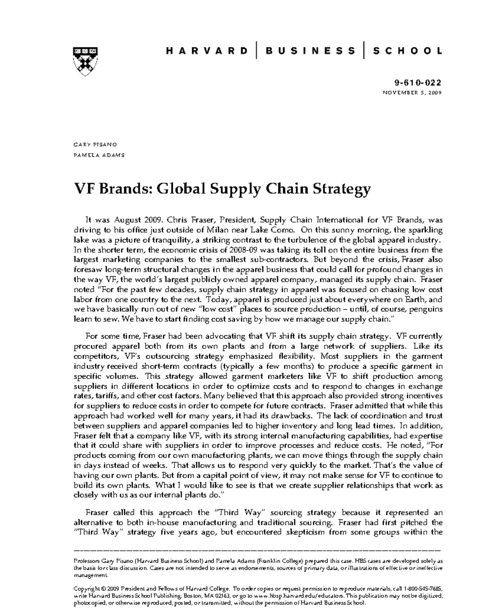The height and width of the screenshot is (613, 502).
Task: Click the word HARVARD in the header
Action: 207,51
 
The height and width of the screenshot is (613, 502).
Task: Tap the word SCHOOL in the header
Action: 407,51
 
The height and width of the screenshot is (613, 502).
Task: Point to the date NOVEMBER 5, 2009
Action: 412,93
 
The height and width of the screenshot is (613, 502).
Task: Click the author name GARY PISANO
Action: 95,145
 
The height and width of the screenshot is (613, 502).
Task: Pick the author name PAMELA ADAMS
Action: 99,155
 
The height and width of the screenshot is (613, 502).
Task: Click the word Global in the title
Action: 180,188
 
